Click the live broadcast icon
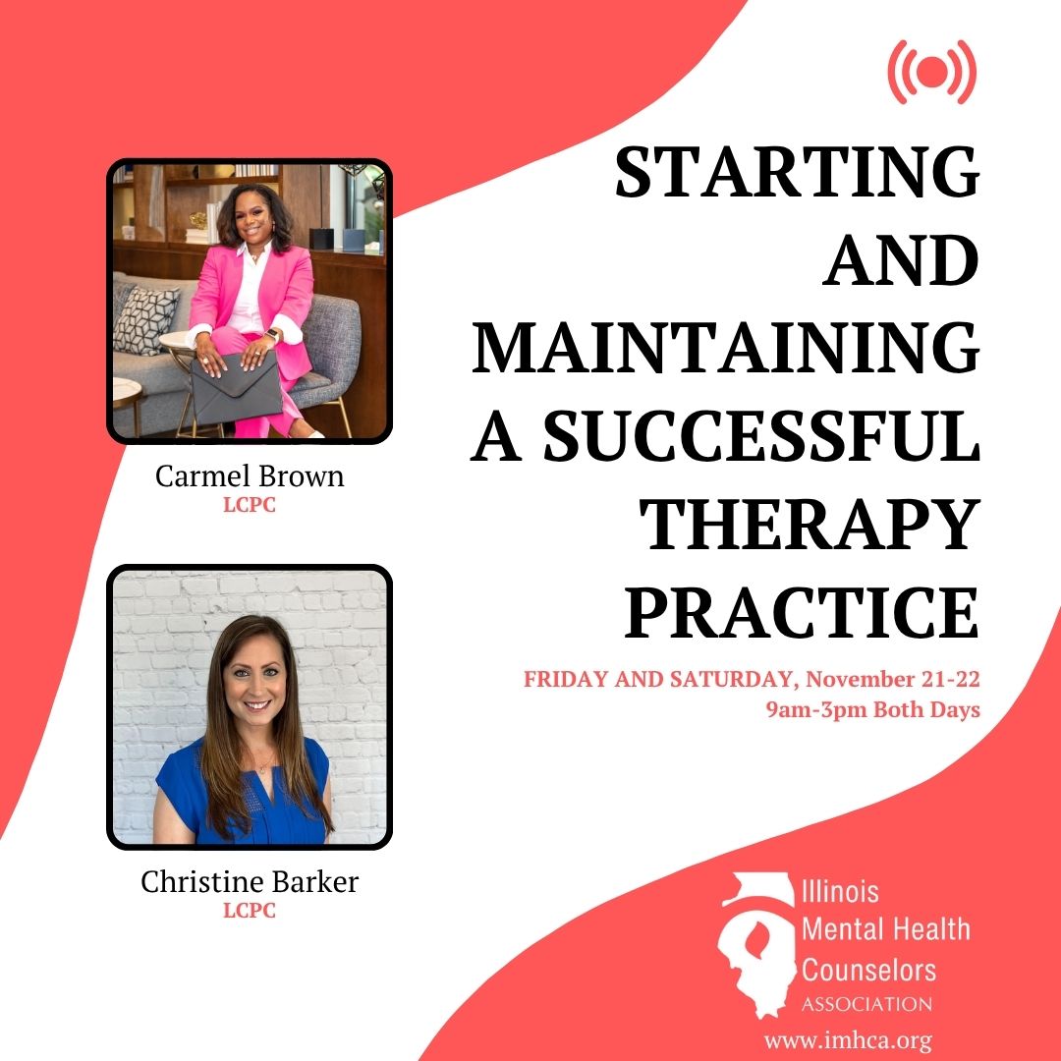coord(931,71)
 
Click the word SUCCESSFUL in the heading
coord(762,435)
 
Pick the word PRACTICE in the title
coord(802,611)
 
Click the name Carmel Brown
coord(249,475)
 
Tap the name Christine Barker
coord(249,881)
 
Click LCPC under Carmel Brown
coord(249,505)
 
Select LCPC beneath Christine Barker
coord(249,911)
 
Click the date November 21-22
coord(892,679)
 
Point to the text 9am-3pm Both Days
coord(873,709)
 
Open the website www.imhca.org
coord(848,1040)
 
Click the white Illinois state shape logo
coord(755,945)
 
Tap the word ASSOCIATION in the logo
coord(866,1003)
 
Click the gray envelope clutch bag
coord(236,389)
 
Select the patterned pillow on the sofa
coord(145,319)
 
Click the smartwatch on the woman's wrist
coord(271,336)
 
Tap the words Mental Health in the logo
coord(886,929)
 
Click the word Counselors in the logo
coord(868,970)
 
